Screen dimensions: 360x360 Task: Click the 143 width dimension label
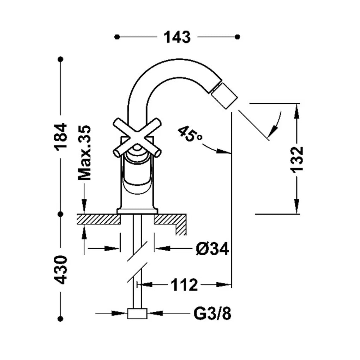[x=177, y=37]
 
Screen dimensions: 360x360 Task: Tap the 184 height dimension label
[x=61, y=137]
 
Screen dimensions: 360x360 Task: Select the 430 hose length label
[x=61, y=270]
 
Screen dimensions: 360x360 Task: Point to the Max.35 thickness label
[x=84, y=153]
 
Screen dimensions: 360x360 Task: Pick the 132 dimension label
[x=297, y=159]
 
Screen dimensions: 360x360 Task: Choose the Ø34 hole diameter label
[x=212, y=248]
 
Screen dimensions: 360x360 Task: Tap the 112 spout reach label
[x=184, y=285]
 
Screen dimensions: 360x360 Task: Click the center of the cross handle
[x=137, y=138]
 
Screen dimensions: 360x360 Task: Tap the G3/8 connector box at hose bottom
[x=137, y=313]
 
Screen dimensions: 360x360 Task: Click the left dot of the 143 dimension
[x=117, y=37]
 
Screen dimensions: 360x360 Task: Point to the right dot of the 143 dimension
[x=238, y=37]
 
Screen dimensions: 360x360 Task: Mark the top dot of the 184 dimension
[x=61, y=59]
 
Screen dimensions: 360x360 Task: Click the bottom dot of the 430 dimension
[x=61, y=319]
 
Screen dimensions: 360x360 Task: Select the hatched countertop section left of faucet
[x=99, y=219]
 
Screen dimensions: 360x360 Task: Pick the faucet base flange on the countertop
[x=137, y=211]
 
